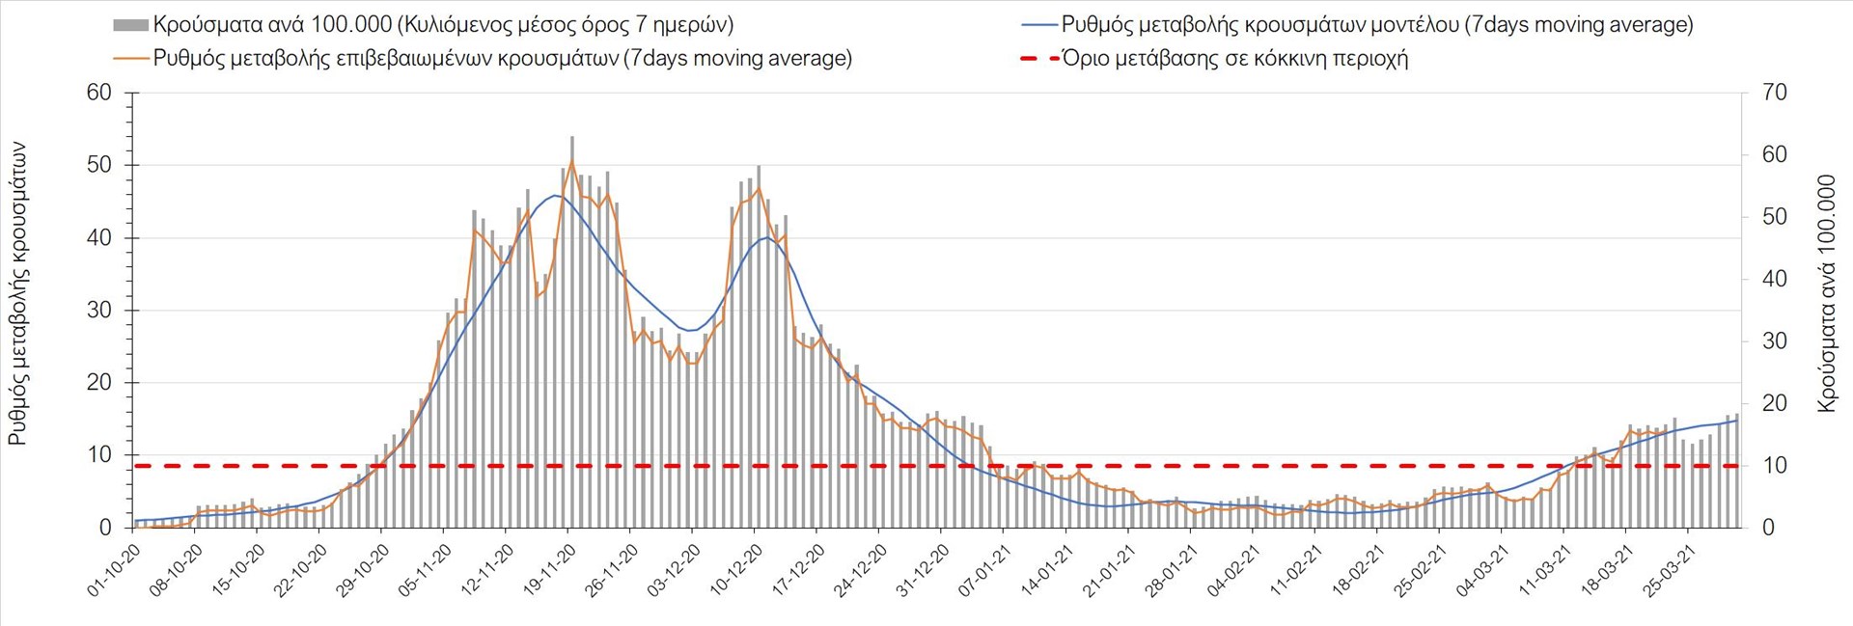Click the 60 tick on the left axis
[99, 93]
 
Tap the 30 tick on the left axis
[99, 311]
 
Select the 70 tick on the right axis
[1774, 93]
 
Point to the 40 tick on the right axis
[1774, 279]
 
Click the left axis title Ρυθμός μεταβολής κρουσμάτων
[17, 294]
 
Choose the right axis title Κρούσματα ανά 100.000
[1826, 294]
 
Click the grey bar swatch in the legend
[130, 25]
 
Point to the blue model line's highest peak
[556, 195]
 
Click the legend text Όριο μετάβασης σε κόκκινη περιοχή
[1235, 59]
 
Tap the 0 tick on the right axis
[1768, 528]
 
